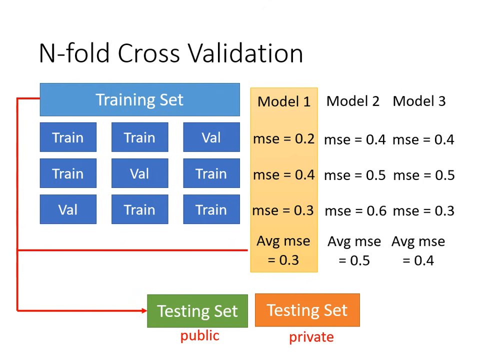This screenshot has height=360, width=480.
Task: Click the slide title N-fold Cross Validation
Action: tap(171, 53)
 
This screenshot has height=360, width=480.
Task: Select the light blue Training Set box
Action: tap(139, 99)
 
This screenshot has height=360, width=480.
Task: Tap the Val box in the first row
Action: tap(211, 137)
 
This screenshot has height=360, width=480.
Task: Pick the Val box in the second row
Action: tap(139, 173)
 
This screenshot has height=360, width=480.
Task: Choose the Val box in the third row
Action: tap(68, 209)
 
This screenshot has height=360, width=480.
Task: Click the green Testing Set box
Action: tap(197, 311)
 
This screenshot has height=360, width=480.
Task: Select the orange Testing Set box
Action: tap(307, 310)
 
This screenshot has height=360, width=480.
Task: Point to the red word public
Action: tap(199, 335)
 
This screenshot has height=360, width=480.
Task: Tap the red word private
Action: tap(311, 337)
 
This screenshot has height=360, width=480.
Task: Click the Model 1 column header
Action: tap(284, 101)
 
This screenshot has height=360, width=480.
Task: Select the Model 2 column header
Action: tap(353, 101)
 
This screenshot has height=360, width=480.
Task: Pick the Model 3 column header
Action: tap(419, 101)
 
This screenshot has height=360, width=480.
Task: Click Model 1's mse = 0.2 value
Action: tap(283, 139)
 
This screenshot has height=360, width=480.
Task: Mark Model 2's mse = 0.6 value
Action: tap(355, 211)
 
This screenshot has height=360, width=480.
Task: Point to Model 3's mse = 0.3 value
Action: tap(423, 210)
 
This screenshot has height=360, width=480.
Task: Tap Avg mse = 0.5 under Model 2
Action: tap(354, 251)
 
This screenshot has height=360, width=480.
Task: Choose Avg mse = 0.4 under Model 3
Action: tap(418, 251)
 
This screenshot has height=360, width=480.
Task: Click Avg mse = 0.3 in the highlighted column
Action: tap(283, 250)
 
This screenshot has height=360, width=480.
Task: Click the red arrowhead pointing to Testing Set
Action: tap(143, 310)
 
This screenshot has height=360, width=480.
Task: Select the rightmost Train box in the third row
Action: tap(211, 209)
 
